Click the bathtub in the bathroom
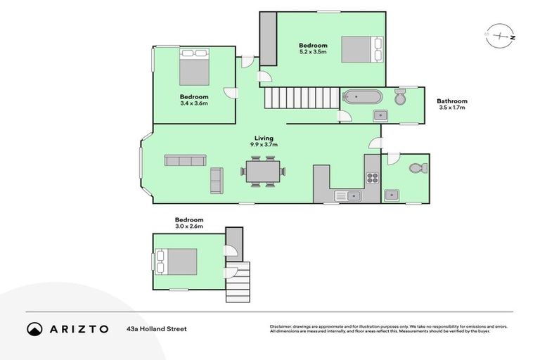362,98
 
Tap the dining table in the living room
264,170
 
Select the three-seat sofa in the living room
185,160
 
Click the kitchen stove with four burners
372,177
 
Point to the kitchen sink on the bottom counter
347,195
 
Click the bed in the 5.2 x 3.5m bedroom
361,49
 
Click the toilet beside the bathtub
401,97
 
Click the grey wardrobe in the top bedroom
267,39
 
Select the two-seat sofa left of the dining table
217,181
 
